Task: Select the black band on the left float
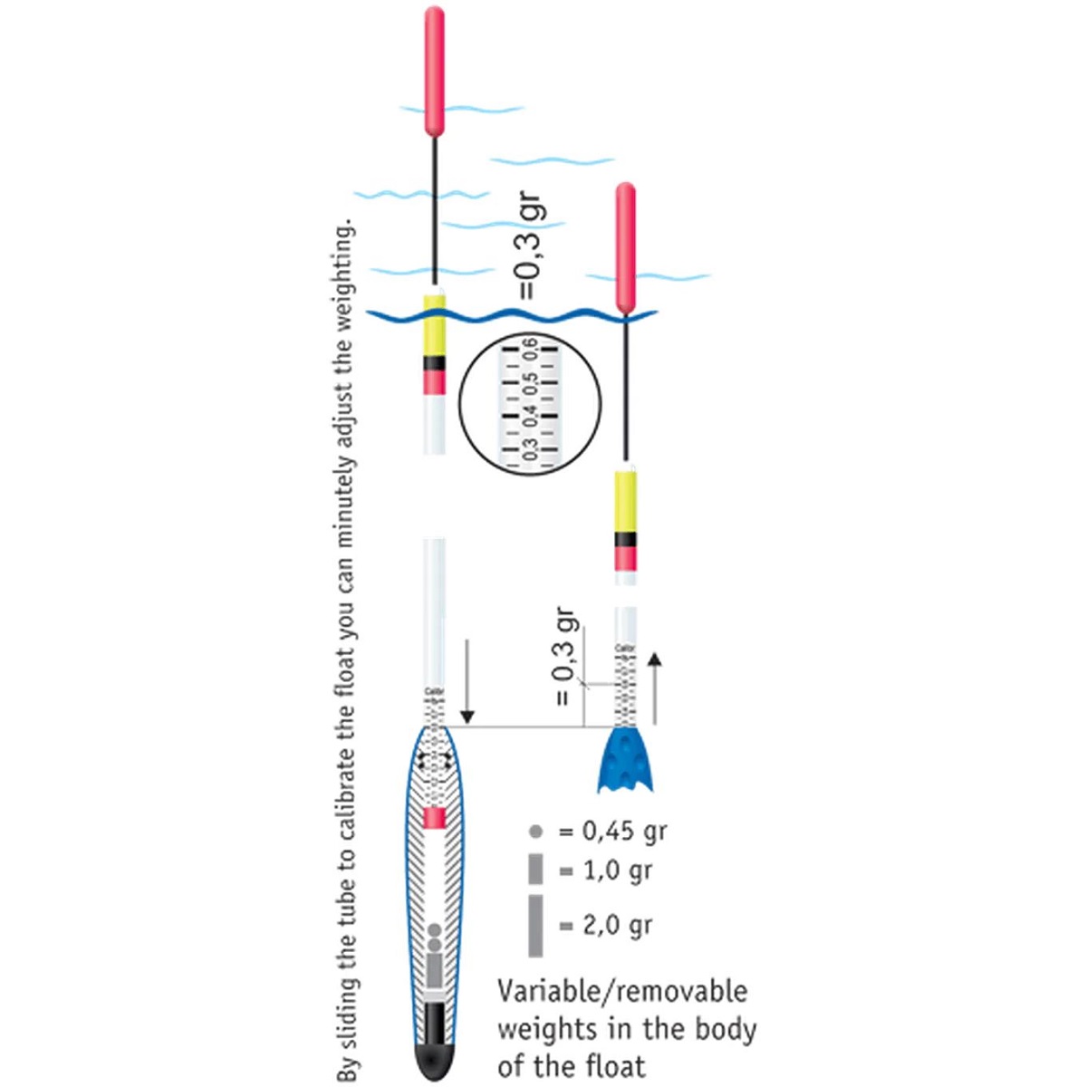pyautogui.click(x=435, y=362)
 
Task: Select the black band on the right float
pyautogui.click(x=625, y=539)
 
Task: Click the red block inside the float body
pyautogui.click(x=435, y=818)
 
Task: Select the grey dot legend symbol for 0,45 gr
pyautogui.click(x=535, y=831)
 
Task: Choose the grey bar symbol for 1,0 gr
pyautogui.click(x=535, y=869)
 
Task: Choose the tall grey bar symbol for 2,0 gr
pyautogui.click(x=535, y=925)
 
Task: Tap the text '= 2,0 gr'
pyautogui.click(x=605, y=926)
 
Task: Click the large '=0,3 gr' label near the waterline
pyautogui.click(x=527, y=246)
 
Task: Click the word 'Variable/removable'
pyautogui.click(x=623, y=991)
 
